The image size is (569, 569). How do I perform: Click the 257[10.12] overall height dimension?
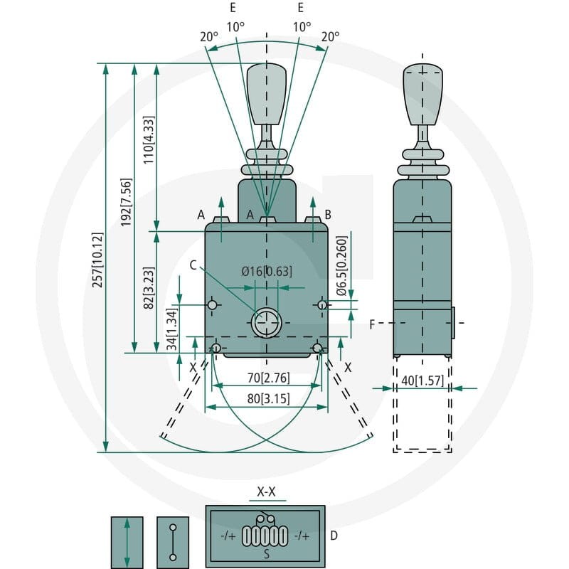click(x=97, y=260)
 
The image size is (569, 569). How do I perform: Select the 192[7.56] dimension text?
click(x=126, y=203)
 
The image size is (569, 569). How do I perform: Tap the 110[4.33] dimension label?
click(x=149, y=140)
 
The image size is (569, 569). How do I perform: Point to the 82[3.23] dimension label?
click(x=149, y=288)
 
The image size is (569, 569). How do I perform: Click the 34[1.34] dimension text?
click(x=171, y=329)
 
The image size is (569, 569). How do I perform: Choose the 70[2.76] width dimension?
click(x=269, y=378)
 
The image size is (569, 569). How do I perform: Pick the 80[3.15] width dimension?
click(x=269, y=398)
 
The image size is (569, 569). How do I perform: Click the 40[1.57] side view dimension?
click(x=422, y=381)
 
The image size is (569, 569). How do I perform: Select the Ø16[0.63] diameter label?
click(x=267, y=271)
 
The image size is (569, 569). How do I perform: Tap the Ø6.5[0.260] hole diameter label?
click(x=341, y=266)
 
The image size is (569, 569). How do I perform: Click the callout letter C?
click(x=193, y=265)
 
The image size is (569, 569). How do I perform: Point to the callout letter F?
click(x=372, y=324)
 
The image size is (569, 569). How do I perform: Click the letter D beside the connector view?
click(x=334, y=536)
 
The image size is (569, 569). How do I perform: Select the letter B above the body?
click(x=328, y=215)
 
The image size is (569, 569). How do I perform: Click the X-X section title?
click(x=266, y=491)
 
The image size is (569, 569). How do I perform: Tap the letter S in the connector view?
click(x=267, y=554)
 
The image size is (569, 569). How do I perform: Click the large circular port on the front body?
click(x=266, y=323)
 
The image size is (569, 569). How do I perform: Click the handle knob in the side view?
click(x=422, y=95)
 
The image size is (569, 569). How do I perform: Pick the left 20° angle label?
click(x=209, y=37)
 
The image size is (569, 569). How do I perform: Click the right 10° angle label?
click(x=302, y=27)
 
